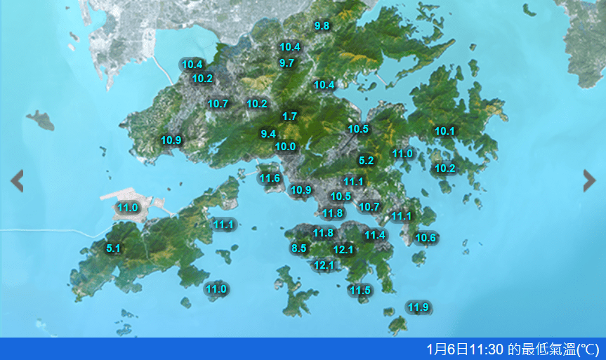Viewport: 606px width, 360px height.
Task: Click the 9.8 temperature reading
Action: [322, 26]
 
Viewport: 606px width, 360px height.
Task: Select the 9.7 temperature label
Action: [286, 62]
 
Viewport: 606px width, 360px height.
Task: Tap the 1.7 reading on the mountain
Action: [289, 116]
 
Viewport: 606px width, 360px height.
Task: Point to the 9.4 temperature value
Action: [268, 133]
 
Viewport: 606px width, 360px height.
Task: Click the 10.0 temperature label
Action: [285, 147]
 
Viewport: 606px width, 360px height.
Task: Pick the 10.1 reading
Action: [444, 131]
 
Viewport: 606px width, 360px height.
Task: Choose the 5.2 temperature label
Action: [366, 160]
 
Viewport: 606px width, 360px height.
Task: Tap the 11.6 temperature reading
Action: [270, 178]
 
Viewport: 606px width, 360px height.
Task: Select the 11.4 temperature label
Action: [375, 235]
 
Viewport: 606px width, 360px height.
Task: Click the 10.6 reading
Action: [426, 238]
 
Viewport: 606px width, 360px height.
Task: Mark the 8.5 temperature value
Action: [299, 248]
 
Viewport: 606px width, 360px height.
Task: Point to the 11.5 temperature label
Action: [360, 290]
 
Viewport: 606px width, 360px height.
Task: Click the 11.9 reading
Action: [418, 307]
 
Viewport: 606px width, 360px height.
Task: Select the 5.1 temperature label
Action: [113, 248]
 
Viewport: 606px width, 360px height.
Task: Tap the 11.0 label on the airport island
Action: [127, 207]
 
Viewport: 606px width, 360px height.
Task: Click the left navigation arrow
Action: [17, 181]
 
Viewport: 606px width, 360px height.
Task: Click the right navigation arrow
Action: [590, 181]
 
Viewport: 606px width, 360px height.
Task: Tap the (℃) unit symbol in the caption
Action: [588, 349]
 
